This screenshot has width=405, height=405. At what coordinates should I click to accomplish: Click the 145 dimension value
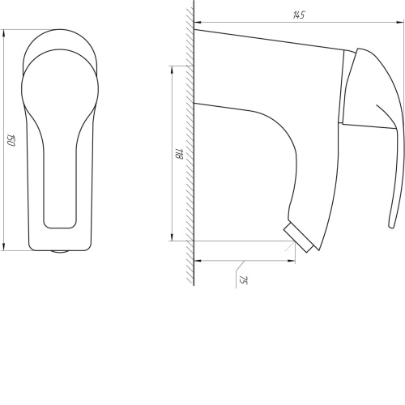[x=299, y=15]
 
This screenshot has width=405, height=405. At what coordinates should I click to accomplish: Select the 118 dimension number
[x=179, y=153]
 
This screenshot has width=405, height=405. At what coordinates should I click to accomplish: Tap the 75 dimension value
[x=242, y=280]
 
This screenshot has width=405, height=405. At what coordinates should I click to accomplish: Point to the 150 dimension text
[x=11, y=140]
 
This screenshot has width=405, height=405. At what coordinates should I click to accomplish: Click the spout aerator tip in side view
[x=298, y=238]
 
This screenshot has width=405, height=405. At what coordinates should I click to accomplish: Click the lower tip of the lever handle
[x=391, y=226]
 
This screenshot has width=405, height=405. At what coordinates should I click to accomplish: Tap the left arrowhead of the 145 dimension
[x=198, y=22]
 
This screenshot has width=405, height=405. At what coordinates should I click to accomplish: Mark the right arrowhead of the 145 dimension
[x=400, y=23]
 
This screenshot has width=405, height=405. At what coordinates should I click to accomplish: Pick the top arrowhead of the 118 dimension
[x=172, y=69]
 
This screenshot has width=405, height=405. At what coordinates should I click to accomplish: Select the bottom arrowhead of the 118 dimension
[x=172, y=237]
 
